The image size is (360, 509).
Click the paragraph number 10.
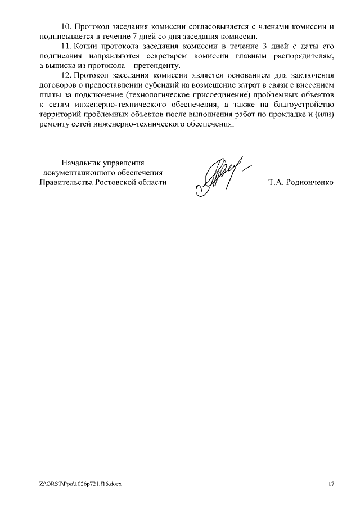(x=66, y=27)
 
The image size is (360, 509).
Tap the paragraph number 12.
(x=66, y=75)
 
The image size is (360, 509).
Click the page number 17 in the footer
(x=331, y=484)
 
